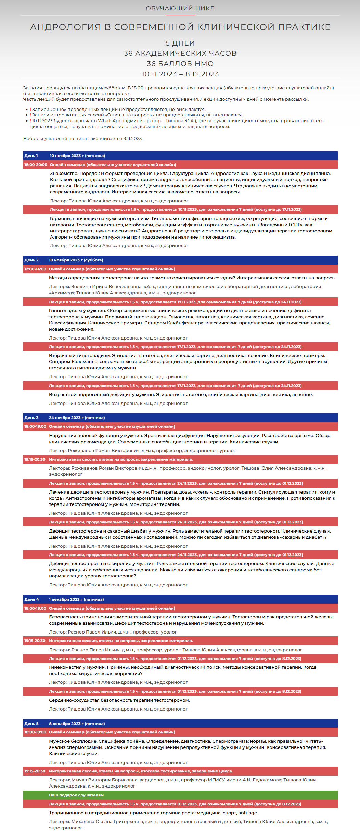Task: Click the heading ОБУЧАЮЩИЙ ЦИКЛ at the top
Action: tap(180, 8)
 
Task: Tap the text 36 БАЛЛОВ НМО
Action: tap(180, 64)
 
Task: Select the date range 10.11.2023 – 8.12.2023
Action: tap(180, 74)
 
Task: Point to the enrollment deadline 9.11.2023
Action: tap(133, 139)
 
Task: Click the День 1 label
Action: tap(31, 156)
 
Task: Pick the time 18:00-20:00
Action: tap(36, 165)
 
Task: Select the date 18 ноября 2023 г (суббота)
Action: tap(76, 260)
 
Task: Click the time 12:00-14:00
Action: tap(35, 269)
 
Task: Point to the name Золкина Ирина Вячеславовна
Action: tap(102, 287)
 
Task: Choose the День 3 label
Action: tap(31, 418)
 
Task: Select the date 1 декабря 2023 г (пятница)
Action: tap(76, 599)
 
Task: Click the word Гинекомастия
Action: tap(65, 667)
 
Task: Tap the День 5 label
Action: tap(31, 724)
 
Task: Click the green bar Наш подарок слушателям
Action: tap(76, 795)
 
